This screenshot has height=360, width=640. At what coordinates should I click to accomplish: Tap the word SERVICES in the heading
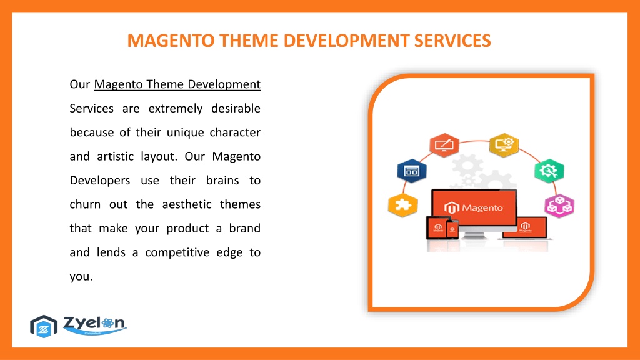[x=452, y=41]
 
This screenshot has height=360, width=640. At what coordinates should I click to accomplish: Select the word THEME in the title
[x=249, y=41]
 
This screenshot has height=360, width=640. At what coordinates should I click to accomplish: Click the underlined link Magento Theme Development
[x=177, y=84]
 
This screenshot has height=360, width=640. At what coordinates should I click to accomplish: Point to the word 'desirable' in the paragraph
[x=236, y=108]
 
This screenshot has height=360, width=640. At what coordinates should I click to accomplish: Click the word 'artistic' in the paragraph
[x=116, y=156]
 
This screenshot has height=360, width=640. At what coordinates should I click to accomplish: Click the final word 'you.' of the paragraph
[x=81, y=277]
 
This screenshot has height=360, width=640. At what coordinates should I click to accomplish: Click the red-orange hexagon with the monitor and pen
[x=444, y=145]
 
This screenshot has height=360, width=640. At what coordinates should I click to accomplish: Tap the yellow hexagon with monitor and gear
[x=504, y=145]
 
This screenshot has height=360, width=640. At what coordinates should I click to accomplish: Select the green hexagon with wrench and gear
[x=549, y=171]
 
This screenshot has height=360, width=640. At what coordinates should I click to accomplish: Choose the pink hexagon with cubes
[x=559, y=206]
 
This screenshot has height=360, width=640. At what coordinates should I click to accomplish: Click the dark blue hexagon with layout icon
[x=412, y=171]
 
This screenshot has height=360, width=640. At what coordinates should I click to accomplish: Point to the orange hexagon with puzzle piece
[x=403, y=205]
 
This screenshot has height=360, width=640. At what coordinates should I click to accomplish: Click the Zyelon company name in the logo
[x=95, y=323]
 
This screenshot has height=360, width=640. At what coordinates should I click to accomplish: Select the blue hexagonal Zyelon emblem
[x=44, y=326]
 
